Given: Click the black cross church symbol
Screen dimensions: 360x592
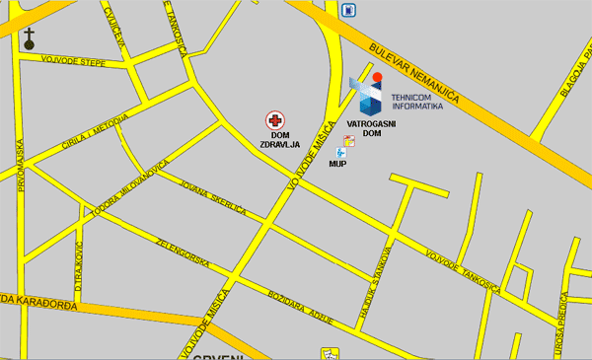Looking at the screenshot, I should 30,39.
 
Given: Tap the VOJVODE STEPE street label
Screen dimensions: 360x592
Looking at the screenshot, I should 73,62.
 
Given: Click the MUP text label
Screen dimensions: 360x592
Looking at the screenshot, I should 337,165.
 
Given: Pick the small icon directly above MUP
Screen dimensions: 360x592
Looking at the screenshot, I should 340,153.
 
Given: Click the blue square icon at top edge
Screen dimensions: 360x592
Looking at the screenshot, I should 347,10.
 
